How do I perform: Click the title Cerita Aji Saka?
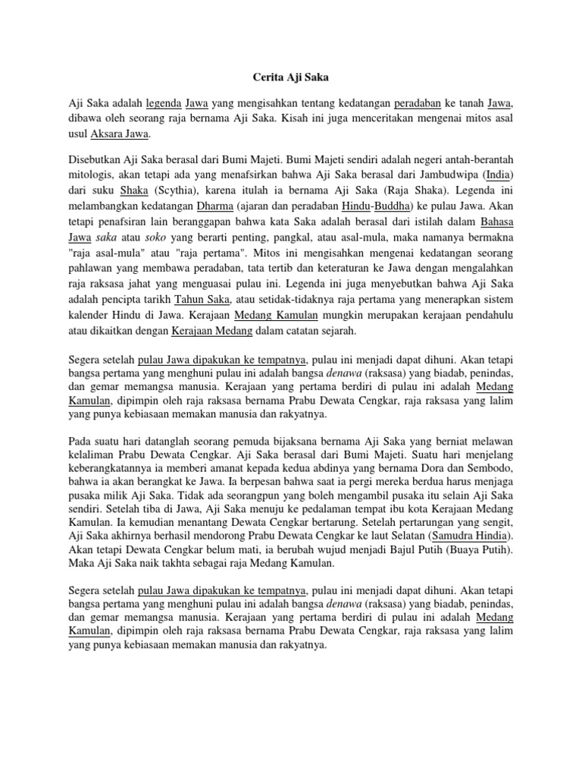coord(290,77)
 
